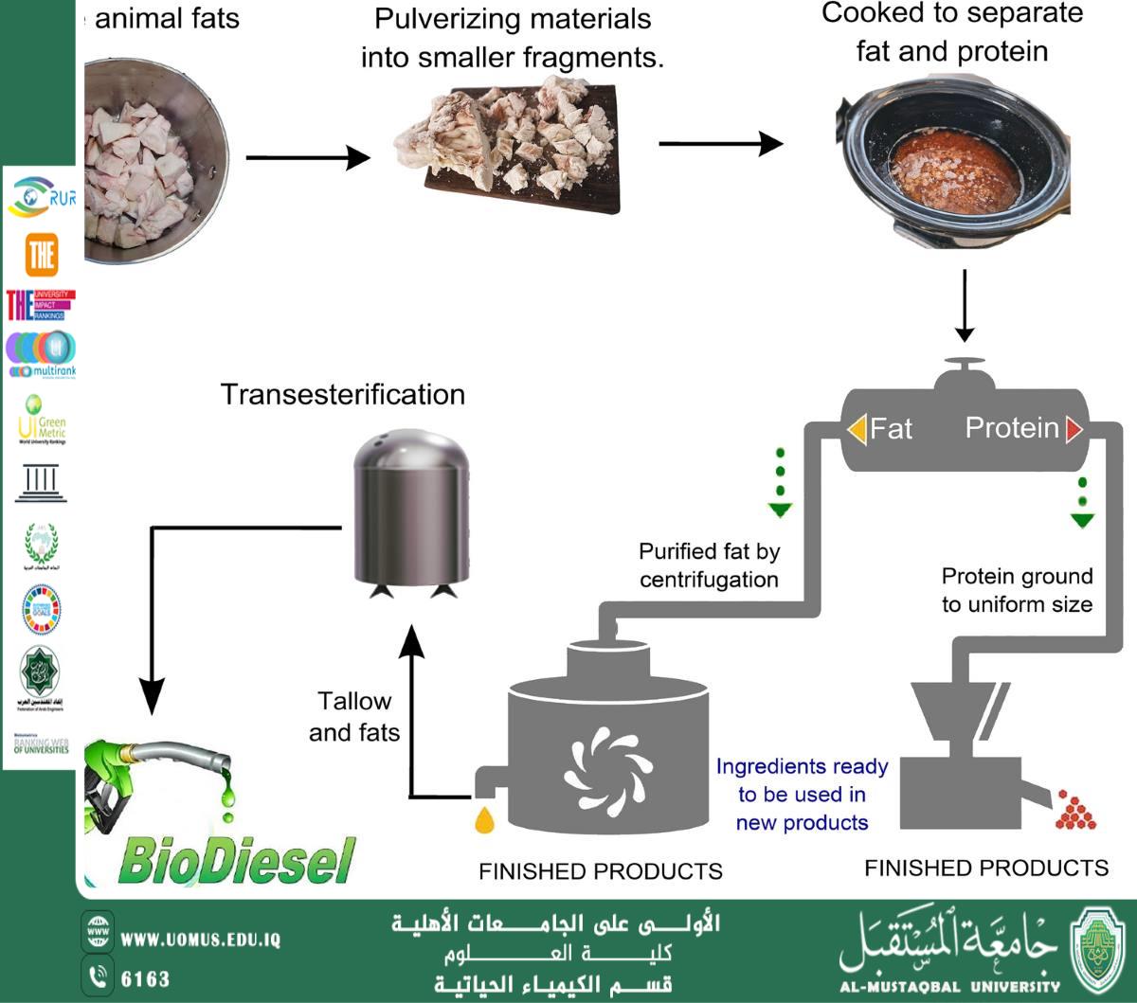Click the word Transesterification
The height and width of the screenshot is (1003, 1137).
click(x=342, y=394)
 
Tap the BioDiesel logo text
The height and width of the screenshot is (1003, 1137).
click(x=237, y=860)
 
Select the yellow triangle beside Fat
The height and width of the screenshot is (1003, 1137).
click(x=857, y=429)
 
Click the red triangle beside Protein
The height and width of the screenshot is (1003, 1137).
click(x=1074, y=429)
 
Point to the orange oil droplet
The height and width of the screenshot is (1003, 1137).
click(x=485, y=818)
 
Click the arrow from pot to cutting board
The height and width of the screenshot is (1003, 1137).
click(x=307, y=157)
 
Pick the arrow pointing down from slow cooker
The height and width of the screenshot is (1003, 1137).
click(x=964, y=306)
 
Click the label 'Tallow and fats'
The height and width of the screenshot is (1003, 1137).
click(x=354, y=716)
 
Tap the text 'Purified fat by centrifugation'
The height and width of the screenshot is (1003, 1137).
click(x=709, y=565)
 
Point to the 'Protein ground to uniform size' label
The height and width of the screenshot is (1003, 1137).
click(x=1017, y=590)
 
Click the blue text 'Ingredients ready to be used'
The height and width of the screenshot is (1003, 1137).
click(x=802, y=794)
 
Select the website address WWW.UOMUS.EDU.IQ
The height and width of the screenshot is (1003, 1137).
click(x=201, y=940)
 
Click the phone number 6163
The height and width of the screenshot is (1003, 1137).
click(x=145, y=978)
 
